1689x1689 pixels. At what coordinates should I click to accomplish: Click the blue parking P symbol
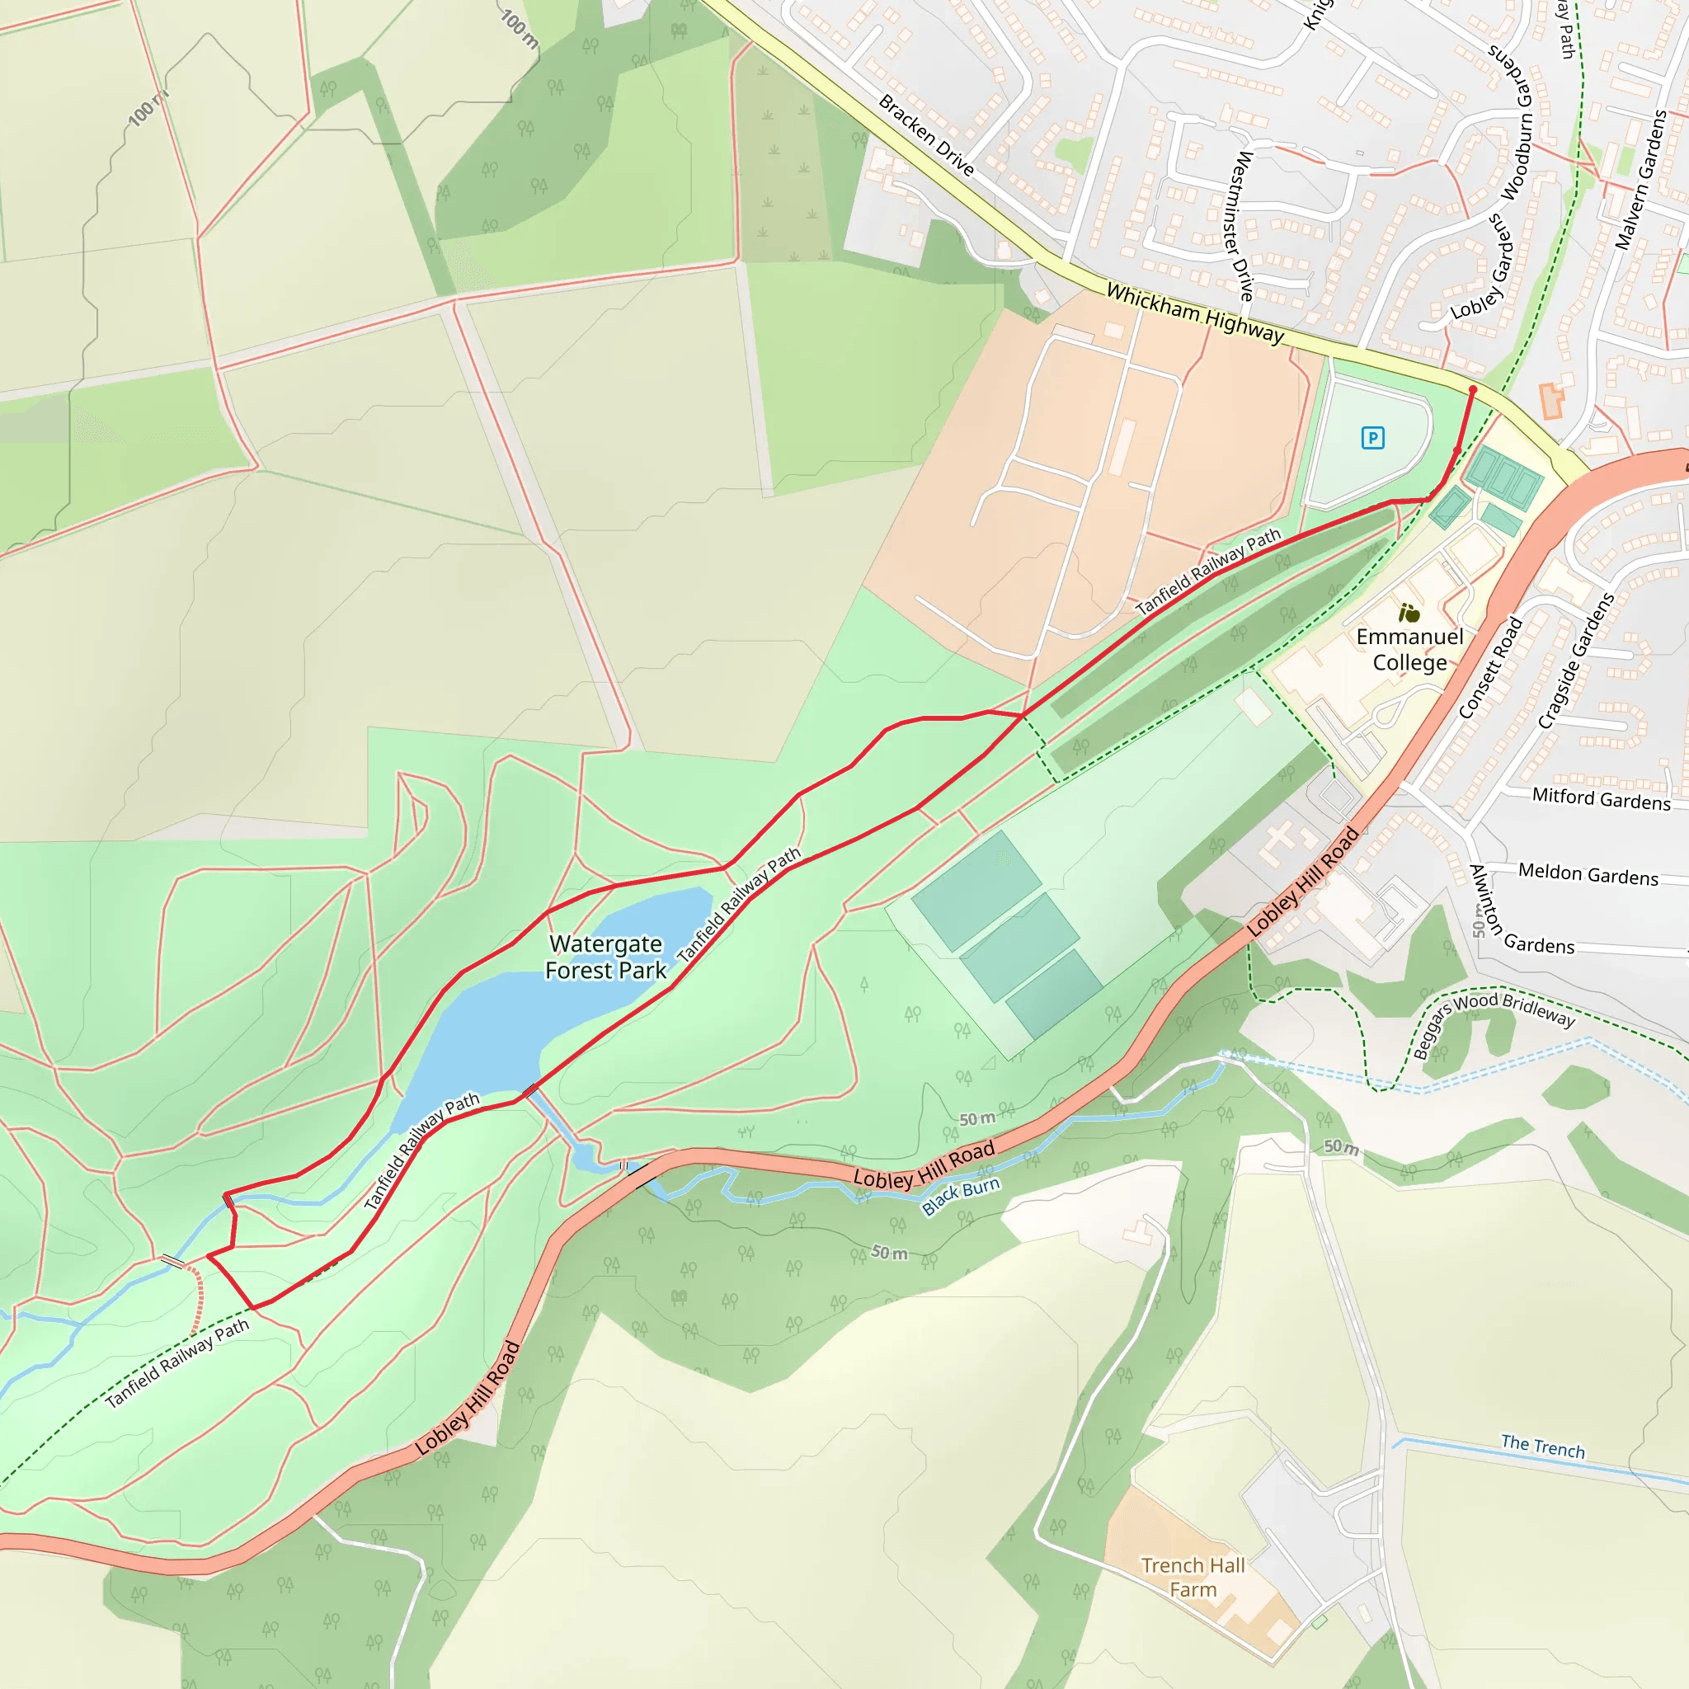coord(1372,438)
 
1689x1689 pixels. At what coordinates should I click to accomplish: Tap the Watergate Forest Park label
coord(605,957)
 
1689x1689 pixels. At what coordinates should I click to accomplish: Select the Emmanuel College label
coord(1409,650)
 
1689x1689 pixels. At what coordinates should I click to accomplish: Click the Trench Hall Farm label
coord(1193,1577)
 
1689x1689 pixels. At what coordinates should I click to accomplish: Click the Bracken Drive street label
coord(926,135)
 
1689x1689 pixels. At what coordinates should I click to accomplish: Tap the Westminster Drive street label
coord(1242,225)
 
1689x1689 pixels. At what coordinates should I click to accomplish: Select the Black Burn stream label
coord(960,1197)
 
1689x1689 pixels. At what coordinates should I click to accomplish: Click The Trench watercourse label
coord(1542,1447)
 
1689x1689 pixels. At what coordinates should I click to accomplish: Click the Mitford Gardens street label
coord(1601,799)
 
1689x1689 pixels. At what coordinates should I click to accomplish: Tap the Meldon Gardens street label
coord(1588,874)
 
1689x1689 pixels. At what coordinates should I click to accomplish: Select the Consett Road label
coord(1490,669)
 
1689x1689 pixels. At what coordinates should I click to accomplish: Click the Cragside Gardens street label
coord(1575,661)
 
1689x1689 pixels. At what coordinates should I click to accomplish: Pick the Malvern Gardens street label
coord(1640,180)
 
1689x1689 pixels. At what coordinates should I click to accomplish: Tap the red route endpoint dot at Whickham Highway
coord(1473,390)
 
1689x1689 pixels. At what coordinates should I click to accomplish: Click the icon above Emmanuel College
coord(1409,613)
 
